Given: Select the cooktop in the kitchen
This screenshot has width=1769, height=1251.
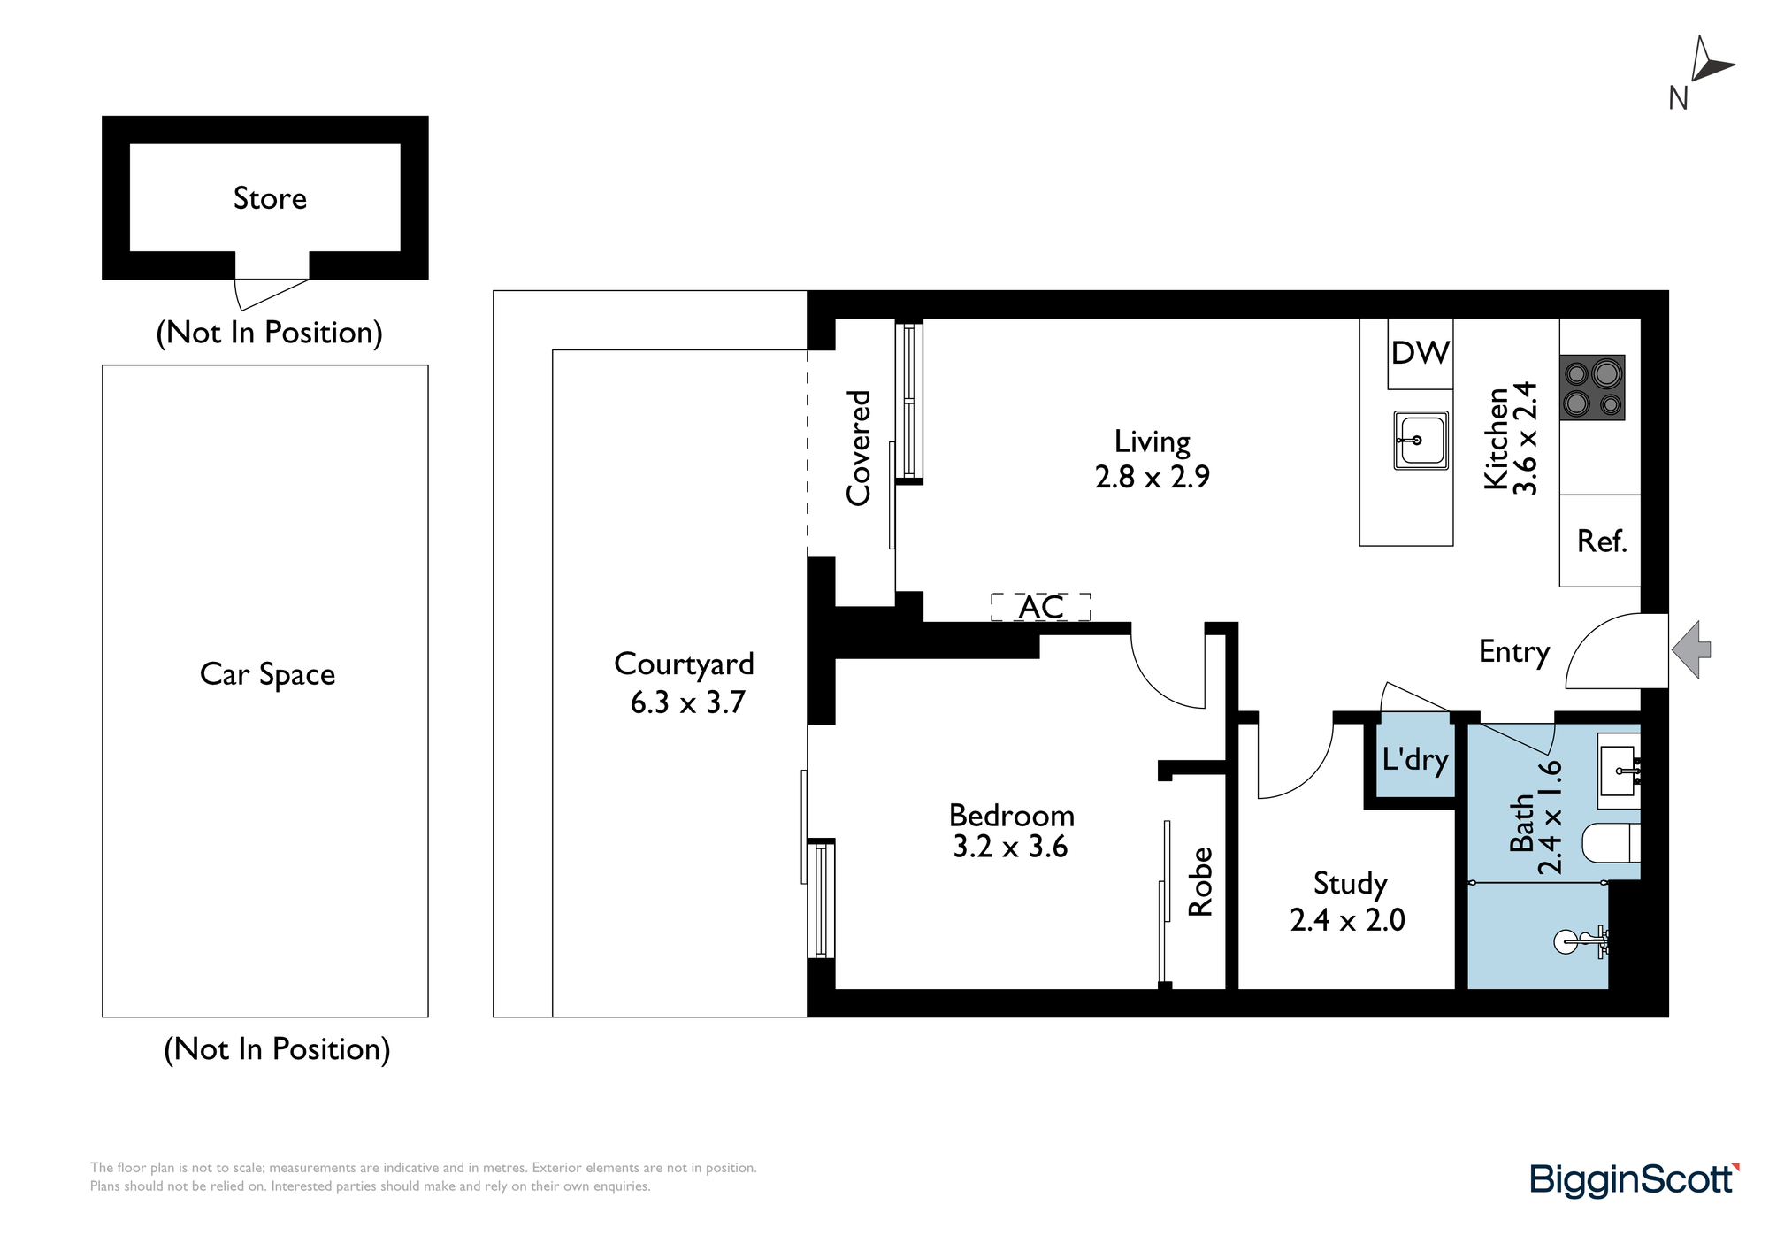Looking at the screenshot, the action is click(x=1592, y=388).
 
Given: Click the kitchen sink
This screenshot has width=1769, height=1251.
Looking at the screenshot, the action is click(x=1421, y=440).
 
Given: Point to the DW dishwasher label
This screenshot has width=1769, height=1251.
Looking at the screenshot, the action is click(x=1421, y=353).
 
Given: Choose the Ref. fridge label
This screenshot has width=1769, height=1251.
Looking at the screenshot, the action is click(x=1602, y=541).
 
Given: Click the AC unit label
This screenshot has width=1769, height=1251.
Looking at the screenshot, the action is click(x=1041, y=608).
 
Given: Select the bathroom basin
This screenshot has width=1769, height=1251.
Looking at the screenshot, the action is click(x=1620, y=771).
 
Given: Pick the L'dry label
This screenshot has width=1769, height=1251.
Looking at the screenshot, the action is click(x=1415, y=760).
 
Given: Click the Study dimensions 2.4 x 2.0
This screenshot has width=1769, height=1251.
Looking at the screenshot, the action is click(x=1347, y=920).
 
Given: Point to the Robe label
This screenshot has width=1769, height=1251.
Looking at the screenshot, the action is click(x=1199, y=881).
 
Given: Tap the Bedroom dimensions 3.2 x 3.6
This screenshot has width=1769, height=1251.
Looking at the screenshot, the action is click(x=1010, y=847).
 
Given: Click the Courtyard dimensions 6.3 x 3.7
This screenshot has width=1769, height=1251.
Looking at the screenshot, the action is click(x=687, y=702).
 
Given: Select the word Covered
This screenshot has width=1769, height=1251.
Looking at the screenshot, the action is click(x=858, y=448).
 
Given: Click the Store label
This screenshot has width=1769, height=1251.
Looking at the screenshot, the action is click(x=270, y=198).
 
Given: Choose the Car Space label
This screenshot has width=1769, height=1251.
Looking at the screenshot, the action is click(x=267, y=674).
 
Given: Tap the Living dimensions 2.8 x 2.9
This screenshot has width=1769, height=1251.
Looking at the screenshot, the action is click(x=1152, y=477).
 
